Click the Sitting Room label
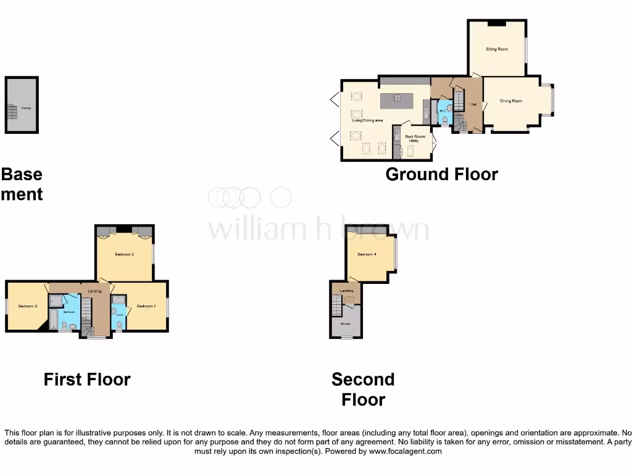click(497, 49)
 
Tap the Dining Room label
click(511, 101)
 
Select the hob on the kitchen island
click(397, 98)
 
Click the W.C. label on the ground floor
click(442, 111)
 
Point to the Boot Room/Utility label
click(415, 138)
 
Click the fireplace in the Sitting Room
click(496, 24)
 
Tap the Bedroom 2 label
click(125, 254)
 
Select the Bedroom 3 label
click(27, 306)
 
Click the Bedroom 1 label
click(146, 306)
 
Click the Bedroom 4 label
click(367, 254)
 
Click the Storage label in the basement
click(26, 108)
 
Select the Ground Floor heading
click(441, 174)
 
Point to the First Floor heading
click(87, 379)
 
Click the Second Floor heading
click(363, 389)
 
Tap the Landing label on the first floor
click(94, 291)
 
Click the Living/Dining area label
click(368, 120)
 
